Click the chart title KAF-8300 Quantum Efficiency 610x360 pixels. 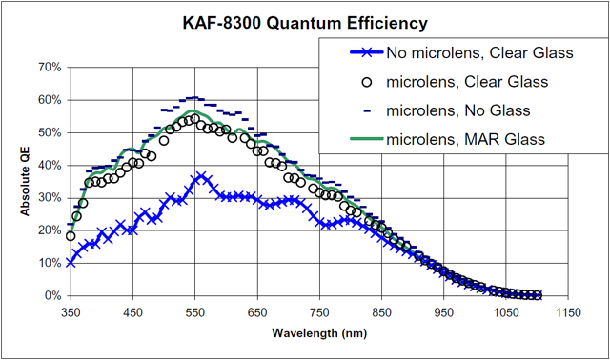pyautogui.click(x=305, y=23)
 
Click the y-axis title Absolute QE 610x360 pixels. pyautogui.click(x=25, y=181)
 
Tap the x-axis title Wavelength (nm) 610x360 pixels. pyautogui.click(x=319, y=332)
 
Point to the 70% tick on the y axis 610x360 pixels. pyautogui.click(x=51, y=68)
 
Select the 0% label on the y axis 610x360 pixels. pyautogui.click(x=53, y=296)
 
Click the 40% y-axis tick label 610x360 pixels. pyautogui.click(x=51, y=165)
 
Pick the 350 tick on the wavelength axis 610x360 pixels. pyautogui.click(x=71, y=312)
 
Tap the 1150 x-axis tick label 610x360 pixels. pyautogui.click(x=568, y=312)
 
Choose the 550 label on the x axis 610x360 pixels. pyautogui.click(x=195, y=312)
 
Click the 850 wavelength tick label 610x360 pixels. pyautogui.click(x=381, y=312)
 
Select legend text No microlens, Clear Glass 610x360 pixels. pyautogui.click(x=479, y=53)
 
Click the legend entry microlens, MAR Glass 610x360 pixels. pyautogui.click(x=466, y=139)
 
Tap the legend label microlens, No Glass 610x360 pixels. pyautogui.click(x=458, y=110)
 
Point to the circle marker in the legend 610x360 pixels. pyautogui.click(x=367, y=83)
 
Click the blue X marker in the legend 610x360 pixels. pyautogui.click(x=367, y=53)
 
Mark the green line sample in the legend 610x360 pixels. pyautogui.click(x=367, y=139)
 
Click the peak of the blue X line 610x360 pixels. pyautogui.click(x=201, y=177)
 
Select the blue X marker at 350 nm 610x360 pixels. pyautogui.click(x=71, y=263)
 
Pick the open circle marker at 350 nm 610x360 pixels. pyautogui.click(x=71, y=236)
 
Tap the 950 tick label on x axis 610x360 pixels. pyautogui.click(x=444, y=312)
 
